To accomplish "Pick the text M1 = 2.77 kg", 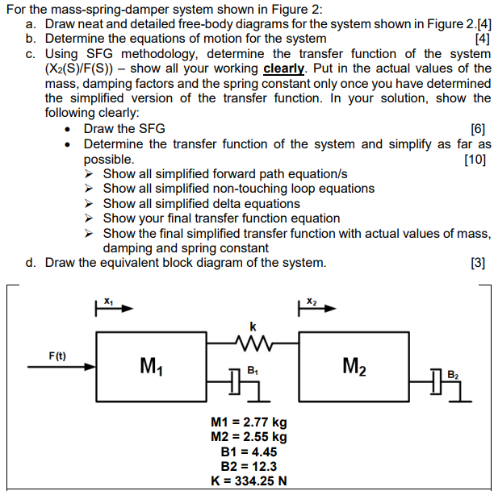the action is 249,422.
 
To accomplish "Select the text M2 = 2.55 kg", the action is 249,437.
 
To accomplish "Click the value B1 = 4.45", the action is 249,451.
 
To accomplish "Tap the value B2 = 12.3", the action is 249,466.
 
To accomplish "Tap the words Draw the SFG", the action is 123,129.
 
